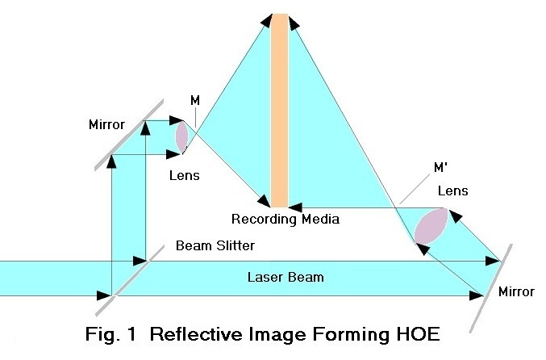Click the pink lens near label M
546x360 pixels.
pyautogui.click(x=181, y=136)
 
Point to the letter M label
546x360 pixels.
pyautogui.click(x=194, y=100)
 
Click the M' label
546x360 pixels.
pyautogui.click(x=441, y=167)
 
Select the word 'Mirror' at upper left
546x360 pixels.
pyautogui.click(x=107, y=126)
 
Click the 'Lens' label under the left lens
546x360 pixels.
pyautogui.click(x=185, y=174)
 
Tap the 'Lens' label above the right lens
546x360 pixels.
pyautogui.click(x=452, y=191)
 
